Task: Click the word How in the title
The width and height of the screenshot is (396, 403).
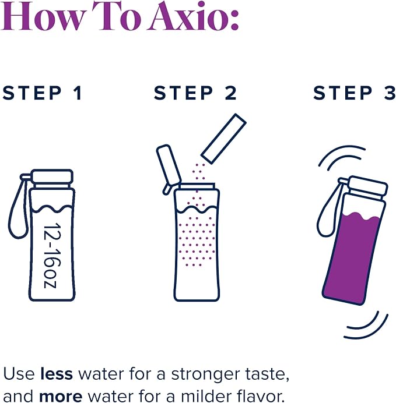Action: point(43,17)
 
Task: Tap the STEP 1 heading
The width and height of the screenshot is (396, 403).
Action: point(43,93)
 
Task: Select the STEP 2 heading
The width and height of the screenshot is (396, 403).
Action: point(195,93)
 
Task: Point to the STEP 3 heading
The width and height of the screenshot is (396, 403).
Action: point(355,93)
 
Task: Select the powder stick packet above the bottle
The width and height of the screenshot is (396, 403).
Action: point(223,139)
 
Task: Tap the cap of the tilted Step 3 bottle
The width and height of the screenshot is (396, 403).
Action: point(367,186)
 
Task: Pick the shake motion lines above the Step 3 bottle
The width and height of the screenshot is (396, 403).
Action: point(341,158)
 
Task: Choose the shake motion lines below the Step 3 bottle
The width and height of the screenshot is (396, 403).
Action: point(367,325)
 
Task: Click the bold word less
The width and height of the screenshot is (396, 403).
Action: point(57,373)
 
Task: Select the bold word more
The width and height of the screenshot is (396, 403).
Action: point(61,396)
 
